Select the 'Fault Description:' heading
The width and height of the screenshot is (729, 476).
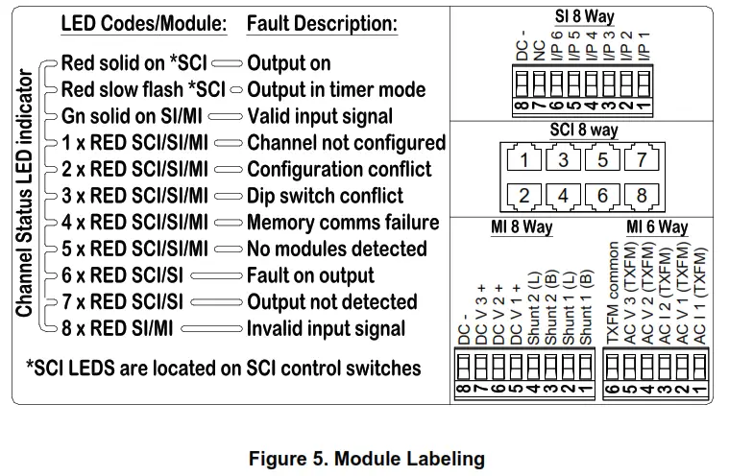(322, 24)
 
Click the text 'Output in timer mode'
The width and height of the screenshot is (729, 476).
(336, 89)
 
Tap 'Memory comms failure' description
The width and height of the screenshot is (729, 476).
(343, 223)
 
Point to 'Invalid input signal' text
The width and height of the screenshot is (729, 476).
(327, 329)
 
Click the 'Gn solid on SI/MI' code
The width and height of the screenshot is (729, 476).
(132, 116)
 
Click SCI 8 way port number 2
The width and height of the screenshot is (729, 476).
(523, 197)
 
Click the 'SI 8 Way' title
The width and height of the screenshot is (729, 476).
(584, 15)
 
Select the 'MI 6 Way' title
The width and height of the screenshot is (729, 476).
(657, 227)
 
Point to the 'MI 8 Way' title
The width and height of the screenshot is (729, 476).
(522, 227)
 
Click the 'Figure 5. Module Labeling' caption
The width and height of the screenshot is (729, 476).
(366, 459)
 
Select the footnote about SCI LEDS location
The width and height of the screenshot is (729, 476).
(223, 368)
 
